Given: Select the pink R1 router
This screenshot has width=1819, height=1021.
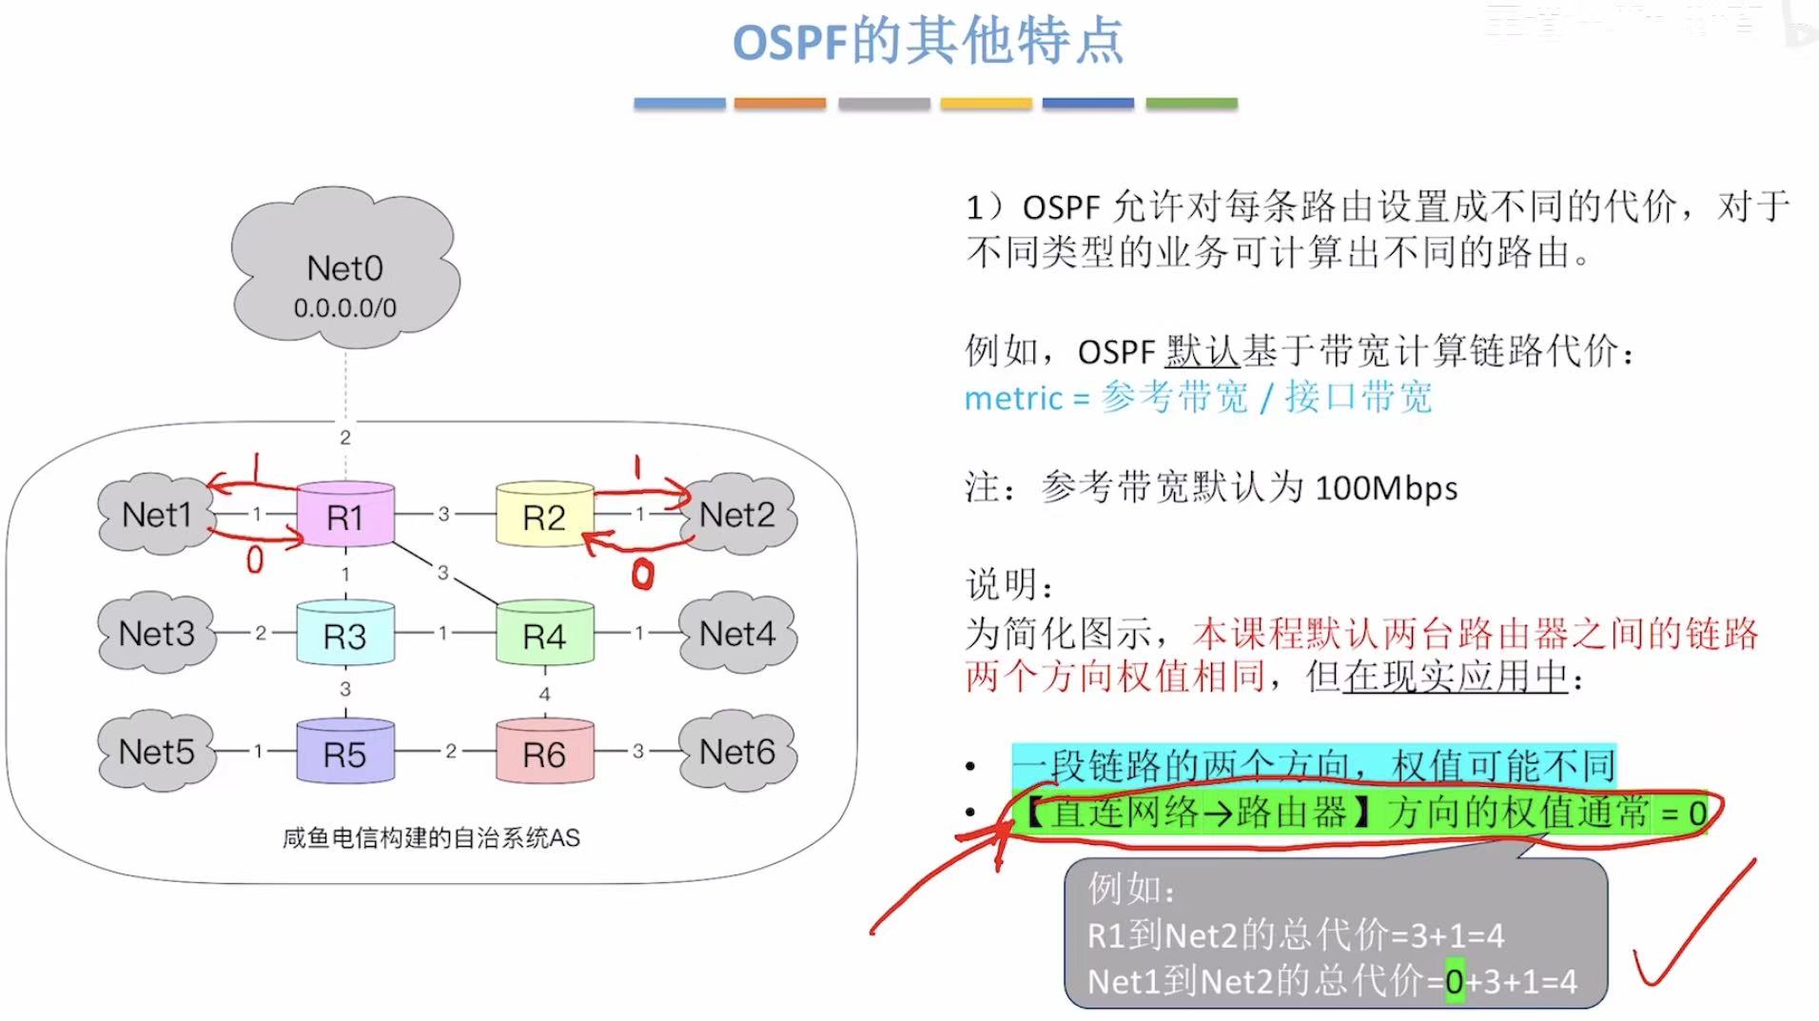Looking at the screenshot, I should tap(345, 516).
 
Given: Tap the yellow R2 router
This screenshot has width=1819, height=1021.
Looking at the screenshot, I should tap(544, 516).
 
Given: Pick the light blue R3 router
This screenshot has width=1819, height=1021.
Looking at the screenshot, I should tap(345, 635).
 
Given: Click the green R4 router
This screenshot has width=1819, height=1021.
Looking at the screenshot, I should tap(544, 635).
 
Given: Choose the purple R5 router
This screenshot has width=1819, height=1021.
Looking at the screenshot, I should tap(345, 753).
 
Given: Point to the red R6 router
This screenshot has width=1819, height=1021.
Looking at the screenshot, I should tap(544, 753).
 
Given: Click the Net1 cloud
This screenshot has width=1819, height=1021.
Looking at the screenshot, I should tap(156, 515).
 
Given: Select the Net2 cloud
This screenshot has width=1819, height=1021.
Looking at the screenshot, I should tap(737, 515).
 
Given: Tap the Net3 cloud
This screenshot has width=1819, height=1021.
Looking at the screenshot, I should tap(156, 634).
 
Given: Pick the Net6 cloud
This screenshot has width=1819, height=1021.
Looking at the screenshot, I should tap(737, 752).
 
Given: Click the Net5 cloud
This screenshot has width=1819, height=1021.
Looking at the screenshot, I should tap(156, 752).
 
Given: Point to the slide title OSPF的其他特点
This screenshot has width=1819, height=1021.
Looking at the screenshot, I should tap(928, 43).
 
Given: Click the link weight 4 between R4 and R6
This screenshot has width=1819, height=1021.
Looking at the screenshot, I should tap(544, 694).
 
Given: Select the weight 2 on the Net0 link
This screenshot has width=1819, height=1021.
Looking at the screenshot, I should tap(345, 438).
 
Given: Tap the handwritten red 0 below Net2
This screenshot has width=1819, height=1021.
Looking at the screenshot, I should tap(643, 574).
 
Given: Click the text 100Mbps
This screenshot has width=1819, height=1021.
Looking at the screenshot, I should tap(1386, 488).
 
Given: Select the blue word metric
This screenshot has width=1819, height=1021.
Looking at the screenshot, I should tap(1013, 398).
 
